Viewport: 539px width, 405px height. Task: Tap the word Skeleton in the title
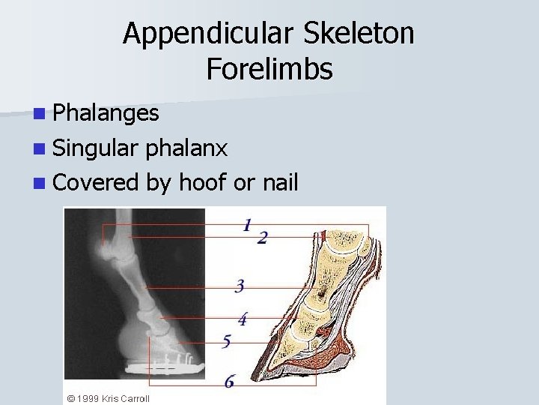[356, 33]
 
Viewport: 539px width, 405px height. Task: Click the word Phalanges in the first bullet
[106, 113]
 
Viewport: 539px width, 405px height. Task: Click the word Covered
[96, 181]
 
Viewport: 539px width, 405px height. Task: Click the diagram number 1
[247, 224]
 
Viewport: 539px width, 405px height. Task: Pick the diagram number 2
[262, 238]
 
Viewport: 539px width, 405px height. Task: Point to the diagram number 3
[240, 286]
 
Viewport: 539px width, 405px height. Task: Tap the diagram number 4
[243, 319]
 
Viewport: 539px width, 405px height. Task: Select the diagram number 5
[226, 342]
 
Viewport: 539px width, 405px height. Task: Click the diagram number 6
[229, 382]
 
